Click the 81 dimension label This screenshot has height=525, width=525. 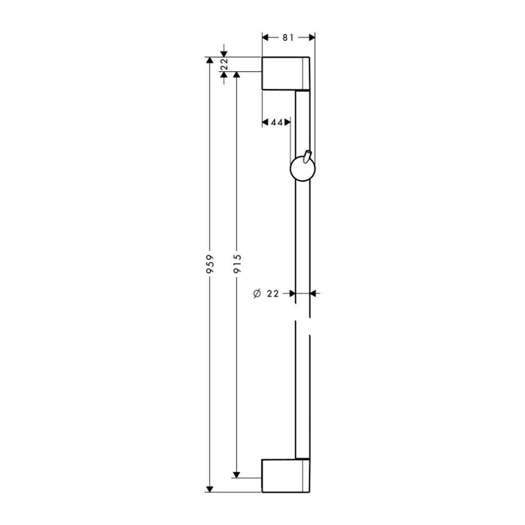coord(288,37)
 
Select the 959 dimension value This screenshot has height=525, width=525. coord(210,264)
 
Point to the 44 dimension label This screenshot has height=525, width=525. coord(277,123)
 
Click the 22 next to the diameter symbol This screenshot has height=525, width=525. coord(273,294)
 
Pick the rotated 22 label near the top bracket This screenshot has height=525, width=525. coord(224,64)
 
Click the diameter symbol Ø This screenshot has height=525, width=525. coord(257,294)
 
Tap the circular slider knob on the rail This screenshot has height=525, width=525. coord(302,169)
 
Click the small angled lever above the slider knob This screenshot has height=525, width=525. coord(307,157)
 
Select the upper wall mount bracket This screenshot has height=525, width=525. coord(286,74)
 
